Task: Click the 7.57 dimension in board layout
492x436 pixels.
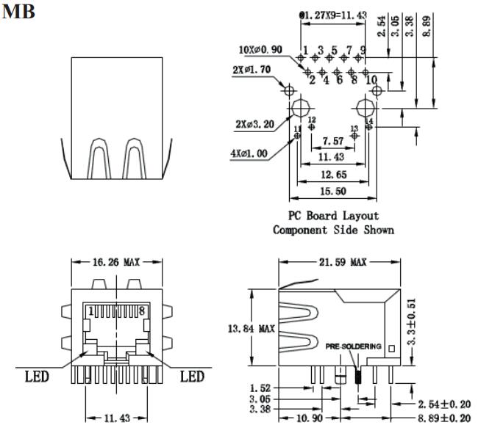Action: pyautogui.click(x=332, y=140)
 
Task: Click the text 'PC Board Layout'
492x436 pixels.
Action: pyautogui.click(x=335, y=216)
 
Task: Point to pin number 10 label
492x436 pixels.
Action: pyautogui.click(x=371, y=79)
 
